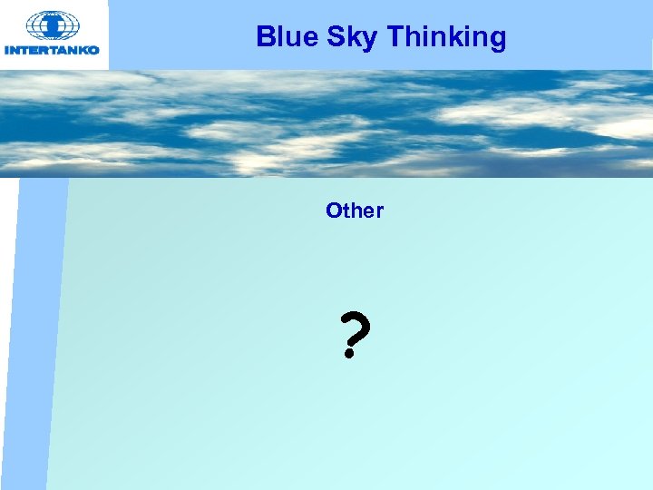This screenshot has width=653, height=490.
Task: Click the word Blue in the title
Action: pos(278,37)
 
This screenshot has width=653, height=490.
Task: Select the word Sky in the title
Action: pos(328,39)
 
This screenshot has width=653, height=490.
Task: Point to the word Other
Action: pos(355,211)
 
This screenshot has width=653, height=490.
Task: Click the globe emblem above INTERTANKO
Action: pos(54,25)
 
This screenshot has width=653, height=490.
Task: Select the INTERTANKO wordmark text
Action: pos(53,51)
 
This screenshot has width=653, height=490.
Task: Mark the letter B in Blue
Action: pos(265,37)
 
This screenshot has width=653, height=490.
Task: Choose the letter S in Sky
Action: pos(317,37)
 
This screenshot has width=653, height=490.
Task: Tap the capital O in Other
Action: pos(334,211)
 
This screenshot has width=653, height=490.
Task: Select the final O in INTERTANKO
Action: pos(93,51)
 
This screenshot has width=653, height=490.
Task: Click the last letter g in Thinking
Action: pos(496,41)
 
